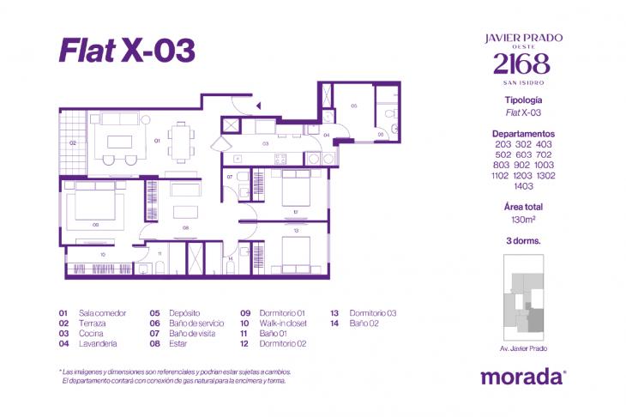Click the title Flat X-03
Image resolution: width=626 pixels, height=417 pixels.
127,51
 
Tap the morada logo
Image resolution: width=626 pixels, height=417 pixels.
522,376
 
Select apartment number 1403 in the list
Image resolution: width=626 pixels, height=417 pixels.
522,185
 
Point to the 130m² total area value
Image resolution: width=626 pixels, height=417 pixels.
523,219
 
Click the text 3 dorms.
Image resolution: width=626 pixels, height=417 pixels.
523,241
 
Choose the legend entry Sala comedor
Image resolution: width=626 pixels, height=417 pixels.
102,313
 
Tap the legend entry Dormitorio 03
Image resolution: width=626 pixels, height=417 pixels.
373,313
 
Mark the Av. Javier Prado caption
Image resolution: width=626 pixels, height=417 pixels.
523,348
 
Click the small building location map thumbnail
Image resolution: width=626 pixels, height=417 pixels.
523,305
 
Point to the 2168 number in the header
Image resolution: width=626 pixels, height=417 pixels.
523,63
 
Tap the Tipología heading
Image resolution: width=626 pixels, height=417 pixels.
523,100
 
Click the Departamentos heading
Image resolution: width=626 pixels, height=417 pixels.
523,134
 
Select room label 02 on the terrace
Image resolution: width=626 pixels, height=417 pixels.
73,142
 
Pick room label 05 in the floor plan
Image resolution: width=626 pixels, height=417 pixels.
353,106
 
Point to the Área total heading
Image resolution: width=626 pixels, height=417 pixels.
523,207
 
